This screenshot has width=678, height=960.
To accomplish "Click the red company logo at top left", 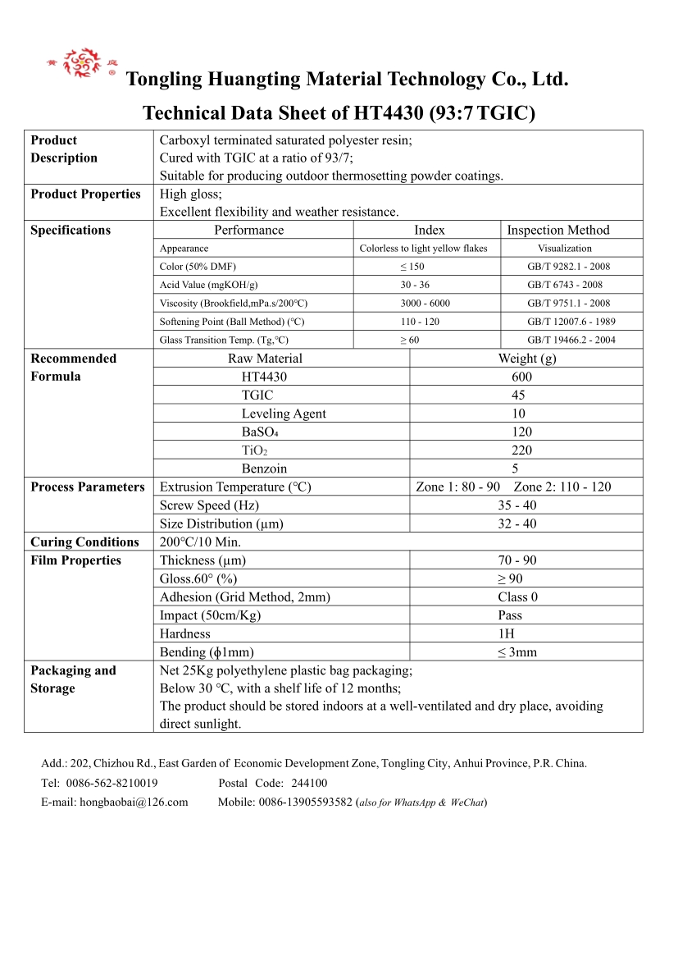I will [81, 63].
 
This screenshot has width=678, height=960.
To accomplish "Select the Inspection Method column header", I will [558, 231].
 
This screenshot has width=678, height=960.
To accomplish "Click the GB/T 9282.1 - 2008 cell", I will [568, 267].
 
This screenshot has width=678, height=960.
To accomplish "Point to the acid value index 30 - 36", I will [415, 285].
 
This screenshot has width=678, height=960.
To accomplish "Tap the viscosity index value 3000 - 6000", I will [425, 304].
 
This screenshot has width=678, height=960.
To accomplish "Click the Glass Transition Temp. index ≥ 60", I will [409, 340].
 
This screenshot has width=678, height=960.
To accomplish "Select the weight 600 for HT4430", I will [521, 377].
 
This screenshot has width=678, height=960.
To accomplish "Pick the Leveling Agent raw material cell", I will [284, 414].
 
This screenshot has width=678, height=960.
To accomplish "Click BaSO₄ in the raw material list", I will [260, 432].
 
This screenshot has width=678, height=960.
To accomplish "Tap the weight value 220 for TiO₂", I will [521, 450].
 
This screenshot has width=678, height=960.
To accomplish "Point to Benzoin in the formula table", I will [264, 469].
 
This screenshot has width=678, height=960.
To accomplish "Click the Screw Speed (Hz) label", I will [209, 505].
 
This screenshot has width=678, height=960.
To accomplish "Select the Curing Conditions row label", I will [84, 542].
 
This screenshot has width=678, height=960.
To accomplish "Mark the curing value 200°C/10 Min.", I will [200, 542].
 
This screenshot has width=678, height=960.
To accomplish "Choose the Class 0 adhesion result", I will [517, 597].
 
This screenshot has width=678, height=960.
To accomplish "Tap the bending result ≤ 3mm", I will [516, 652].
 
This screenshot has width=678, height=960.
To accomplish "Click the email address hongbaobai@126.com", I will [134, 802].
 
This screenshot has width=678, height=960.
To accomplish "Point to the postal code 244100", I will [309, 783].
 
